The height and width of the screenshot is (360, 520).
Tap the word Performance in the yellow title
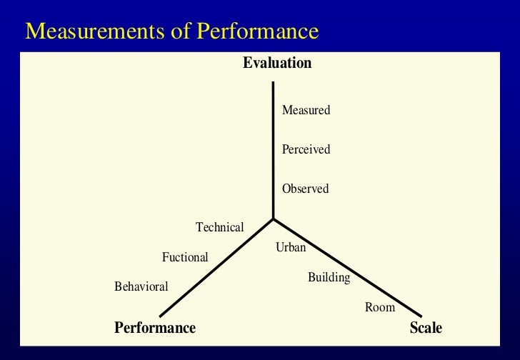(258, 32)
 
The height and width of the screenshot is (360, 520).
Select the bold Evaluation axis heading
(277, 63)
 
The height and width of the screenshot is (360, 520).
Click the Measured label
(306, 111)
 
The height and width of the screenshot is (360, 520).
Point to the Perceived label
(306, 150)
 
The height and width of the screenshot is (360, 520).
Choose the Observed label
(305, 189)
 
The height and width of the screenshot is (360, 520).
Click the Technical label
(220, 227)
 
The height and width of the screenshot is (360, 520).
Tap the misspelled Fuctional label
(185, 257)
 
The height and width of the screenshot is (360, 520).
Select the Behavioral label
(141, 286)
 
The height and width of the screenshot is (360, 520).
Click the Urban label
(291, 248)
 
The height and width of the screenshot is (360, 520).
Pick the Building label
(329, 277)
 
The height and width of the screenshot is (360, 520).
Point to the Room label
(379, 307)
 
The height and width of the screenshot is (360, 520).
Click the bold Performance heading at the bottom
(155, 328)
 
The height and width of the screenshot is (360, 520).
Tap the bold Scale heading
(426, 328)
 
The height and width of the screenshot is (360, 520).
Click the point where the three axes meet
(273, 219)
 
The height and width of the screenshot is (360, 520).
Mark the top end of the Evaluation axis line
(273, 83)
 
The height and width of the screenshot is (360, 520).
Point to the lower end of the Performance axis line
(161, 316)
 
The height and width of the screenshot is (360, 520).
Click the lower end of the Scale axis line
(421, 316)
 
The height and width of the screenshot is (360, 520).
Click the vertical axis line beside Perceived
(273, 150)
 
